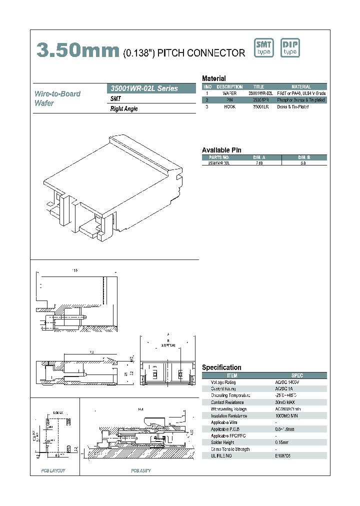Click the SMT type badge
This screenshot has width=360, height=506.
click(264, 48)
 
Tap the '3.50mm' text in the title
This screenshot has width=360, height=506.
click(78, 50)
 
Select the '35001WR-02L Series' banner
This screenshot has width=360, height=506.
click(151, 88)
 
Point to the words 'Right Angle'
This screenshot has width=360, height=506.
click(124, 108)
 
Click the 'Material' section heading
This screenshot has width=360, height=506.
click(213, 78)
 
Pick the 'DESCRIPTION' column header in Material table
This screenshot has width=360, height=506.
click(229, 87)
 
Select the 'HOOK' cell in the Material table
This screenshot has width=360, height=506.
click(229, 107)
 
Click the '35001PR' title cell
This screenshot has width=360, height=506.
click(260, 100)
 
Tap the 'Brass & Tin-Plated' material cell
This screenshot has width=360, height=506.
click(292, 107)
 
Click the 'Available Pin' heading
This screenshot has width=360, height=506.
click(221, 150)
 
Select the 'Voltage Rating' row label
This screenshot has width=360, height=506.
click(223, 382)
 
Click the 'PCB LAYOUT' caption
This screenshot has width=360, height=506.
click(53, 470)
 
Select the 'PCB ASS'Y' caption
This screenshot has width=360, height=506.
click(141, 470)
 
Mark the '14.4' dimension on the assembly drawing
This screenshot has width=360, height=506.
click(140, 409)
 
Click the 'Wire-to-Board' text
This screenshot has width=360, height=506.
click(57, 93)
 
